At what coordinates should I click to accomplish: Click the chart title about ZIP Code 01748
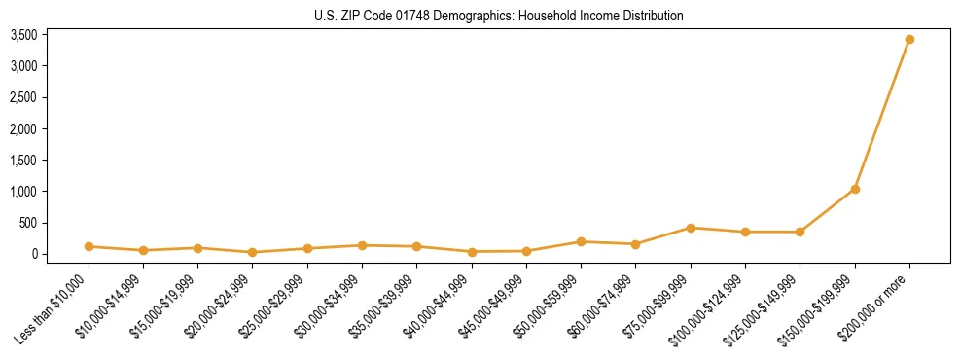pos(499,16)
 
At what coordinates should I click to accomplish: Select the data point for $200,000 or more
pos(909,40)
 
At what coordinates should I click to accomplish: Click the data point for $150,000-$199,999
pos(855,189)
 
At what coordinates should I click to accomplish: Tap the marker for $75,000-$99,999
pos(691,228)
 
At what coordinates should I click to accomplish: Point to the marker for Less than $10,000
pos(89,246)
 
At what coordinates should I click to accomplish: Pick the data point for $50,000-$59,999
pos(581,241)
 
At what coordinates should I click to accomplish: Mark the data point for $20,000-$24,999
pos(253,252)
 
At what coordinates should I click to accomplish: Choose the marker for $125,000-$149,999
pos(800,232)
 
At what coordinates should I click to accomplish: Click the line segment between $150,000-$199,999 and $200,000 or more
pos(882,115)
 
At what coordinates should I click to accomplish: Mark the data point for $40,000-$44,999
pos(472,252)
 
